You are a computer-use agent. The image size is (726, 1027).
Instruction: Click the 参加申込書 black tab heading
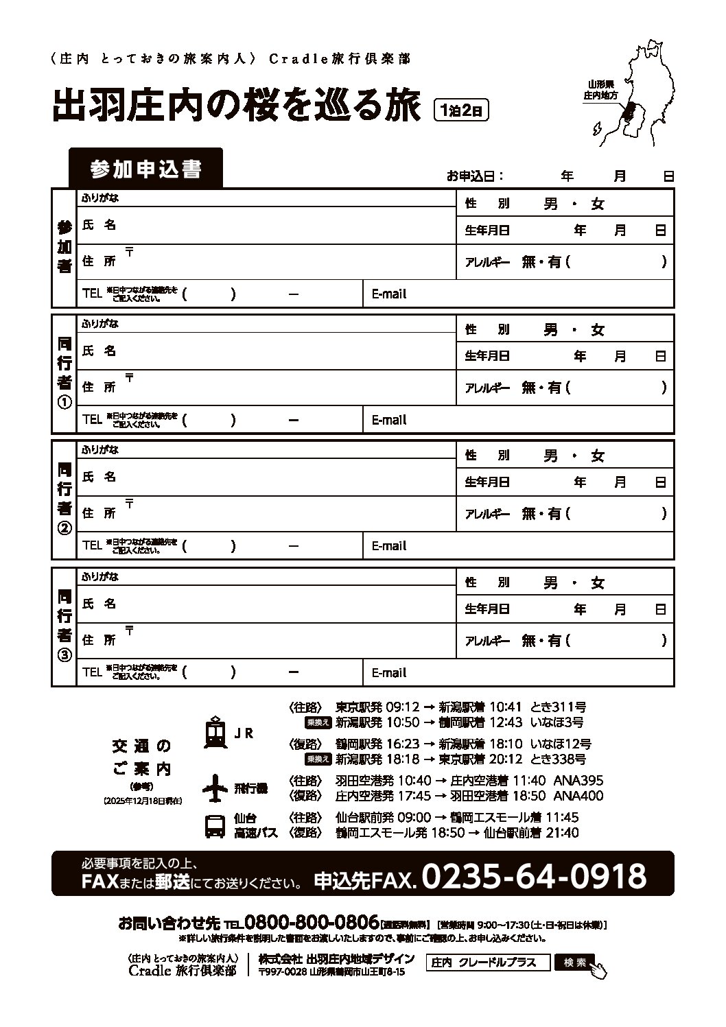pos(145,169)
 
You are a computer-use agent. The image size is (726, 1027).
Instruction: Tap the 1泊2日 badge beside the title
pos(462,110)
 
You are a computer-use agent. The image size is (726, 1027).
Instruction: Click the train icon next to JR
pos(215,732)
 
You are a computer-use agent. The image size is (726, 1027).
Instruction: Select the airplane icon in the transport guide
pos(215,788)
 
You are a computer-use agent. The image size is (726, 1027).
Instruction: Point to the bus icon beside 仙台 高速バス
pos(215,825)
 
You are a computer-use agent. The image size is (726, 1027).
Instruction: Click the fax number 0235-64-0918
pos(534,876)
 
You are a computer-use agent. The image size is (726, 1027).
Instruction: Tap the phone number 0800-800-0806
pos(312,921)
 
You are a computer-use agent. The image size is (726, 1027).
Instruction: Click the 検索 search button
pos(575,963)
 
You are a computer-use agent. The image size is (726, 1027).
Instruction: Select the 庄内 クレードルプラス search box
pos(488,963)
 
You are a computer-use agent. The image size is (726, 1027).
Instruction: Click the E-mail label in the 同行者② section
pos(389,546)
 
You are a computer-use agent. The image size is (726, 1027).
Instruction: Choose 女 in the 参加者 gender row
pos(598,204)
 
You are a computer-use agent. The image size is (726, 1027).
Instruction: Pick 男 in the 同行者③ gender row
pos(550,583)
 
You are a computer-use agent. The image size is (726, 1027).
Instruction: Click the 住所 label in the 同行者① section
pos(99,387)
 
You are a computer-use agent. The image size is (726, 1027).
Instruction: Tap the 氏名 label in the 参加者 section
pos(99,225)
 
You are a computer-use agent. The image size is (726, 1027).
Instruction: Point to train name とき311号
pos(559,707)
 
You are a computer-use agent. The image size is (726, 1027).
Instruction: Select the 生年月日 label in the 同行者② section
pos(487,482)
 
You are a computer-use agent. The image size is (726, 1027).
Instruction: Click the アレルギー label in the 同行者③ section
pos(487,641)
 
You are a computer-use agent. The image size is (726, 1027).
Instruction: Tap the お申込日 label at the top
pos(476,176)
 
